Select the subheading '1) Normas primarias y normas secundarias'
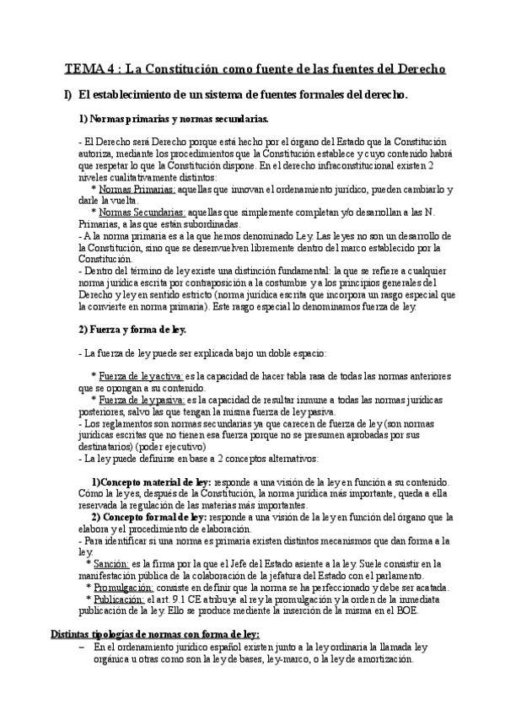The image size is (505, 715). (174, 119)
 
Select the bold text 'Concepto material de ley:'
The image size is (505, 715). (155, 481)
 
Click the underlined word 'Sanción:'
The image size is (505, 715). (111, 563)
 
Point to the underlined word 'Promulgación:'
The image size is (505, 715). (123, 587)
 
